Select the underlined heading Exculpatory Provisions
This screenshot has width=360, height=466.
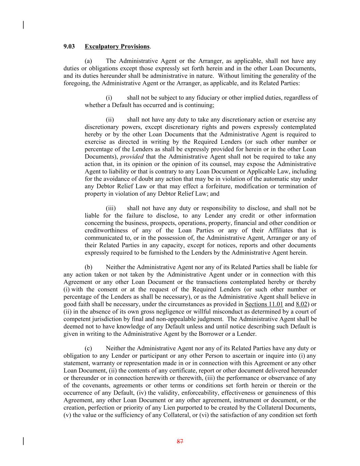tap(117, 46)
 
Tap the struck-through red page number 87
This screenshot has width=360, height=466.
tap(180, 441)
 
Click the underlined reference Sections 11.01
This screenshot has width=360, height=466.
tap(264, 304)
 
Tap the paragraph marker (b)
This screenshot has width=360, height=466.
tap(88, 267)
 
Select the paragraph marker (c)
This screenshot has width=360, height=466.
tap(88, 349)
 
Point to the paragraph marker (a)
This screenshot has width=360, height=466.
tap(88, 61)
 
